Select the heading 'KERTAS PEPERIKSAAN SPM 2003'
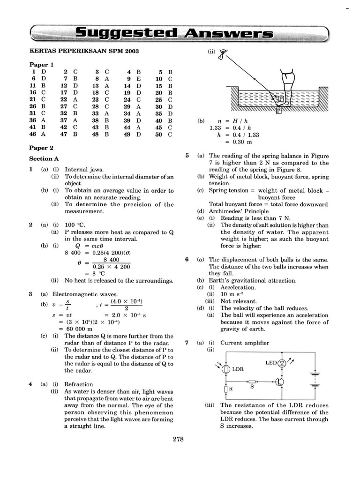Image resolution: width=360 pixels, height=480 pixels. (84, 51)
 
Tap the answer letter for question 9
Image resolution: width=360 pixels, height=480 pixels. (139, 79)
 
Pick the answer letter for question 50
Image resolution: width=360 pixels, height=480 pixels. (171, 134)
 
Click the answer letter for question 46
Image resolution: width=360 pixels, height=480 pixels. (44, 134)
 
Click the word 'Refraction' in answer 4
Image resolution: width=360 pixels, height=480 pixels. (78, 384)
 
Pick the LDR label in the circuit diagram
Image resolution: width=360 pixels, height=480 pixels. (238, 369)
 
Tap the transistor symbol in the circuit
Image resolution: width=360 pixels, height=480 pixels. (280, 381)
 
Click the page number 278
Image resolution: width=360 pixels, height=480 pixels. (178, 439)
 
